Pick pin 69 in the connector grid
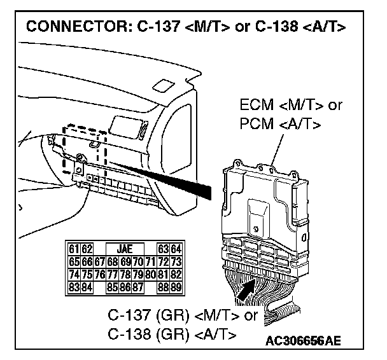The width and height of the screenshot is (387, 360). tap(121, 261)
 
